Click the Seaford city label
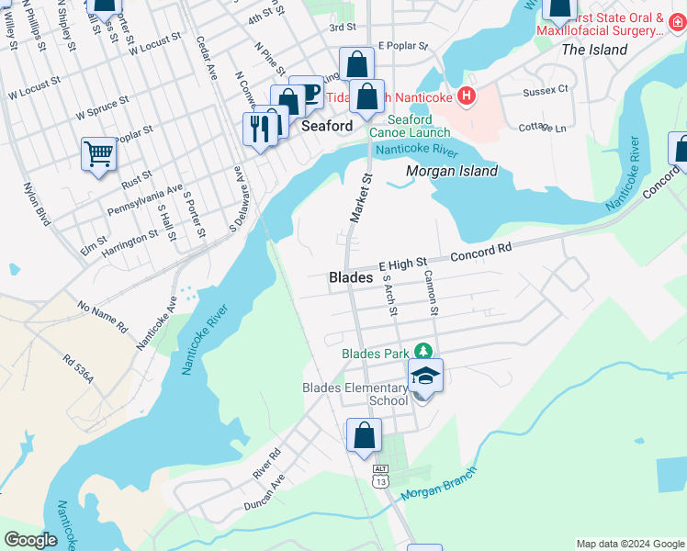tap(329, 126)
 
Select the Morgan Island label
tap(452, 171)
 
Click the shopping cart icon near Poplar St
tap(99, 153)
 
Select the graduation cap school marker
tap(425, 376)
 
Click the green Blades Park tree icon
tap(422, 352)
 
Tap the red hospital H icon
tap(467, 96)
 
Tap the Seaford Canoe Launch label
tap(410, 126)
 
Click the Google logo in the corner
tap(31, 540)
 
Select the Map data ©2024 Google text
tap(629, 544)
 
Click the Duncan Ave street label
tap(265, 491)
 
